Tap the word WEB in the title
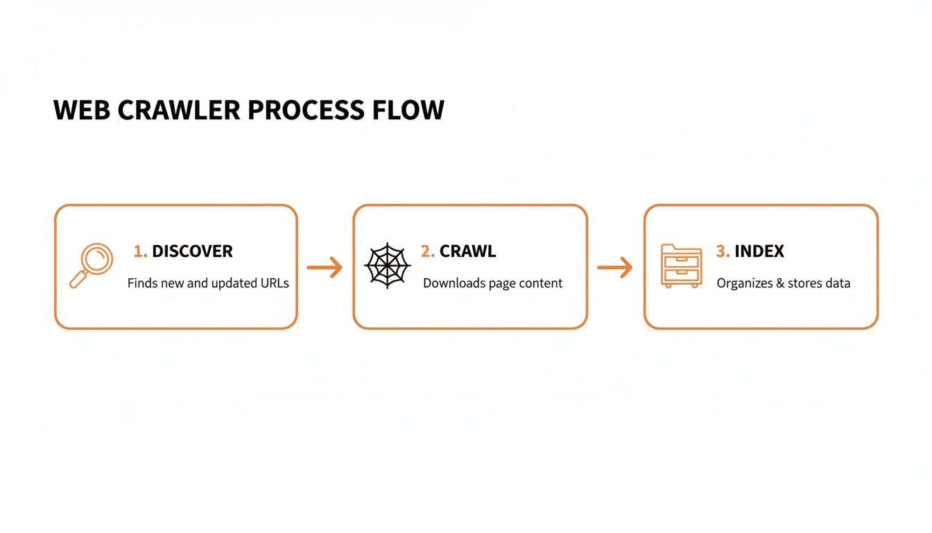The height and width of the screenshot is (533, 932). (80, 111)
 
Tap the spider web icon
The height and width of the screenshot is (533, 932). (388, 266)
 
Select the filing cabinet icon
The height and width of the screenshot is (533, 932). (681, 266)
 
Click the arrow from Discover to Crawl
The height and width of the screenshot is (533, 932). (325, 267)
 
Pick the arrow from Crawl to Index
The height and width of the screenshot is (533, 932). (615, 267)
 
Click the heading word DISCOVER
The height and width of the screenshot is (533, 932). (192, 251)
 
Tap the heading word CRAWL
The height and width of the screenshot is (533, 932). (467, 251)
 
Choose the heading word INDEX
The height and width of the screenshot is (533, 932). (759, 251)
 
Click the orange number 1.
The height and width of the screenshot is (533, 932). (139, 251)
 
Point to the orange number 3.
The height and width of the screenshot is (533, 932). (722, 251)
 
